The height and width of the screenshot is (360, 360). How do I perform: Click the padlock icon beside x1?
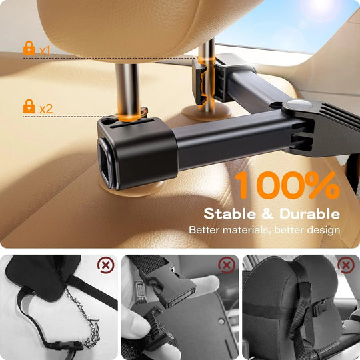point(29,49)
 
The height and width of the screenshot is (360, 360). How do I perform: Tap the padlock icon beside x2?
point(29,106)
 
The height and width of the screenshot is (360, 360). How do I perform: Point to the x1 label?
point(45,50)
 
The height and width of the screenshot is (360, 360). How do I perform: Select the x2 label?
point(46,108)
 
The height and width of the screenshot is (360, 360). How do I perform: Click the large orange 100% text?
point(287,186)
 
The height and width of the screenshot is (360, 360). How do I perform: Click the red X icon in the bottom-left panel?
point(105,265)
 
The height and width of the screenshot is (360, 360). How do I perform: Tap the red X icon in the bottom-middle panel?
point(227,265)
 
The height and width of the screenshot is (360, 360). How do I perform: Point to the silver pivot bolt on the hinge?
point(296,106)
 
